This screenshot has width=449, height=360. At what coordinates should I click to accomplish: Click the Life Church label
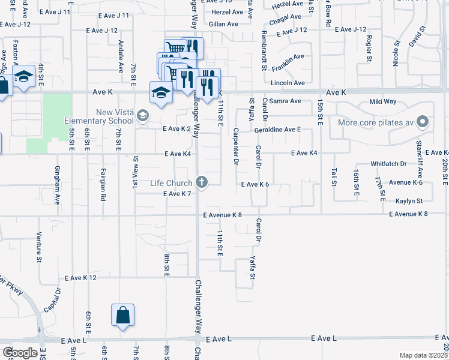point(171,182)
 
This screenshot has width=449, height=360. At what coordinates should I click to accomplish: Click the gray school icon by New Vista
point(142,115)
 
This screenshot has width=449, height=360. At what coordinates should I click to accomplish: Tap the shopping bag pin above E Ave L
point(122,315)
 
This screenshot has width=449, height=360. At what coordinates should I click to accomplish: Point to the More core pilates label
point(376,122)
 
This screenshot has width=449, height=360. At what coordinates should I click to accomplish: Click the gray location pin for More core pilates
point(423,122)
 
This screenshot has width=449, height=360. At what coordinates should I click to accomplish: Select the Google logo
point(20,352)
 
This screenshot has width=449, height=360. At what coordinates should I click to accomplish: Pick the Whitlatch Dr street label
point(388,163)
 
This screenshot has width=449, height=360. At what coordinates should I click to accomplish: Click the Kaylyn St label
point(409,200)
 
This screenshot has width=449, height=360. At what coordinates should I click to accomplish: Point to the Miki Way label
point(382,101)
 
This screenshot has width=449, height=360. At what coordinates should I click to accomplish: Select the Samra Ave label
point(285,101)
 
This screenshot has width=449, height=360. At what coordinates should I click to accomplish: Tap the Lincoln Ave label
point(288,83)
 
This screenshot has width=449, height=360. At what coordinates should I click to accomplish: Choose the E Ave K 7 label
point(176,194)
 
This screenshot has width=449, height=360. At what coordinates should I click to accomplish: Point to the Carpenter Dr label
point(236,145)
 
